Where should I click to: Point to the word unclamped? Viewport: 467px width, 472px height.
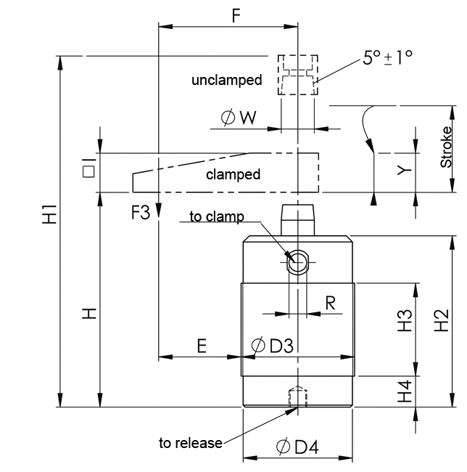tap(226, 80)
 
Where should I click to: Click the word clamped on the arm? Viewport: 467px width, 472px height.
tap(233, 175)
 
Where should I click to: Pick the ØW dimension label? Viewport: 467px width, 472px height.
tap(237, 118)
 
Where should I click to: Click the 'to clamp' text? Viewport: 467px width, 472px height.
tap(217, 216)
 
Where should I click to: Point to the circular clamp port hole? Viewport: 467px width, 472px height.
tap(297, 262)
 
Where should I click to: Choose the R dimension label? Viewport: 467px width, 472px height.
tap(330, 303)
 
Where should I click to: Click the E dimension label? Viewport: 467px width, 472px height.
tap(202, 346)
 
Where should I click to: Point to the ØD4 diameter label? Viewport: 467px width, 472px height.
tap(297, 448)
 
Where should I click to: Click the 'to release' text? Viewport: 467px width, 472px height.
tap(191, 443)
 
